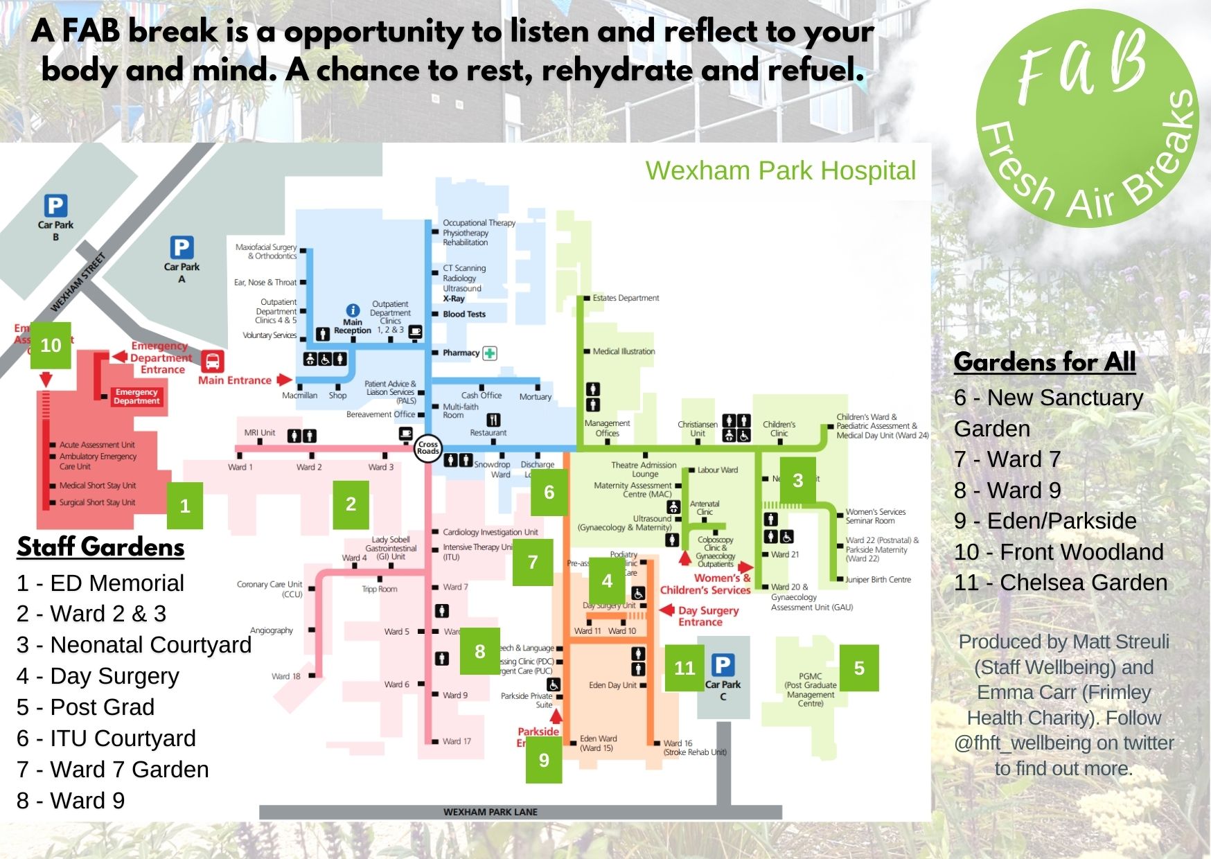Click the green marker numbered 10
point(51,345)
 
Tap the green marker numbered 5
point(859,668)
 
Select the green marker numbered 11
point(684,668)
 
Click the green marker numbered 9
point(544,760)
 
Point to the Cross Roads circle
point(428,448)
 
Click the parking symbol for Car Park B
point(55,206)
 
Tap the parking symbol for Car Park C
point(723,665)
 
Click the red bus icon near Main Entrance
point(213,361)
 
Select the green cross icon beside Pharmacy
point(490,353)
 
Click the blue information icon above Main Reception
point(353,310)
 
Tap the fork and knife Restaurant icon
point(493,420)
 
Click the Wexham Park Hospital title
point(780,170)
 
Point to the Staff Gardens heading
point(100,547)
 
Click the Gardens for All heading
point(1044,362)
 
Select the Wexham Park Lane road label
point(490,812)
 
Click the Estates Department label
point(626,298)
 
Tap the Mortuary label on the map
point(536,397)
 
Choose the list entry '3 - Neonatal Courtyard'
point(134,645)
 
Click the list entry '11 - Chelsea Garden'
point(1060,583)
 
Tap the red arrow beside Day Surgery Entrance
point(666,610)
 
